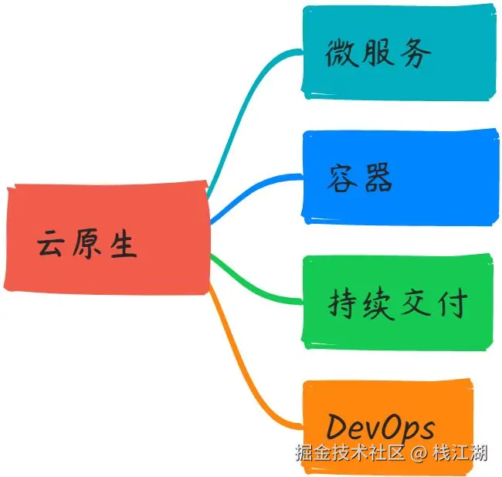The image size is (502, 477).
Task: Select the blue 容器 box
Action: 399,177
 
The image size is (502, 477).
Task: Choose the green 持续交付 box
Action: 399,303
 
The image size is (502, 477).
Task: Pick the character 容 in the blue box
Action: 341,178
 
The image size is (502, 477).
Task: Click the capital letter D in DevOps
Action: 337,427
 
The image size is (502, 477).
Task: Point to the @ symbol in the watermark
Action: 418,453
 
